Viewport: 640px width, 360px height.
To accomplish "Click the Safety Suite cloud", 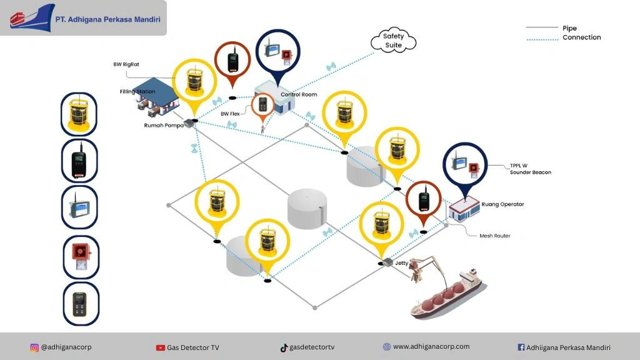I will (x=394, y=40).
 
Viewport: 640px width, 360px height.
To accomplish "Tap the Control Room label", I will (x=299, y=95).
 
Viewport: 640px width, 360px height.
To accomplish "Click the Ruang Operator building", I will (x=463, y=209).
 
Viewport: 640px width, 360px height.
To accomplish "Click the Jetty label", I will (x=401, y=263).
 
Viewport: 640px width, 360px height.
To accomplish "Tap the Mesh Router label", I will (x=494, y=236).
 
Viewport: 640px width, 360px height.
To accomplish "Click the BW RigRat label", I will (x=126, y=64).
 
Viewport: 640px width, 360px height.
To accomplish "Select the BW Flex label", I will (x=231, y=114).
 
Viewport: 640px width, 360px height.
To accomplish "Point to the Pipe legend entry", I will (x=569, y=28).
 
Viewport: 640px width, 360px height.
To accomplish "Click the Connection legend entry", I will (x=581, y=37).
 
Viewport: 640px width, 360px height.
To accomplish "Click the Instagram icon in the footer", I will (x=34, y=347).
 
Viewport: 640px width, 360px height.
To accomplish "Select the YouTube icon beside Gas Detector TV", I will (x=161, y=347).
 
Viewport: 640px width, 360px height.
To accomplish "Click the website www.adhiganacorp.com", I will (x=431, y=346).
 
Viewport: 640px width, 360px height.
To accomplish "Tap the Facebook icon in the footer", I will (x=521, y=347).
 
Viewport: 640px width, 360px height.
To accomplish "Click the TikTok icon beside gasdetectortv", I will (x=284, y=347).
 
